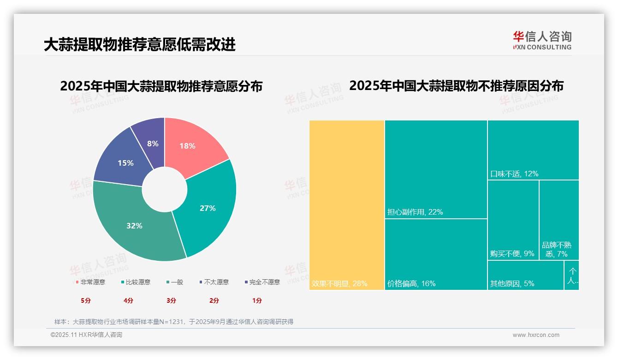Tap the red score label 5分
(86, 300)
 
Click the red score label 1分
(257, 300)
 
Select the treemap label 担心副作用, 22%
(415, 212)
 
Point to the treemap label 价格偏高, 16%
(411, 283)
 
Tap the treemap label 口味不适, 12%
(514, 174)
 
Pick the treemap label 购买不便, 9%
(512, 254)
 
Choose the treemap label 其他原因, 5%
(512, 283)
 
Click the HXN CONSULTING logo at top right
(542, 41)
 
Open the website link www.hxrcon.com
(536, 335)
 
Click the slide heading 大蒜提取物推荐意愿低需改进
(140, 44)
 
